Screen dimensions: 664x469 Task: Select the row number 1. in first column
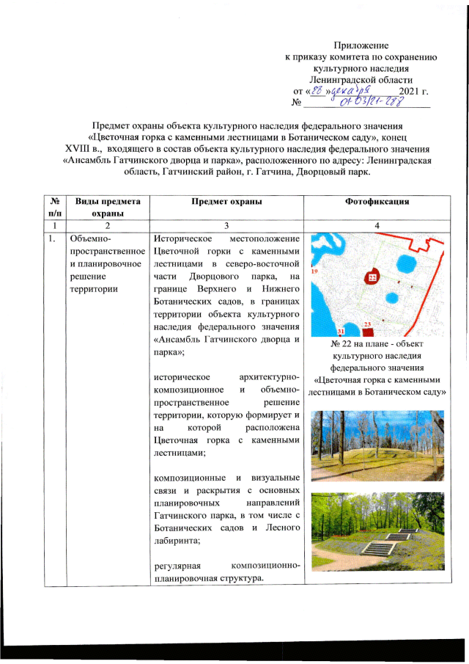point(48,238)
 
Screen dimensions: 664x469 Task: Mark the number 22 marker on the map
point(372,278)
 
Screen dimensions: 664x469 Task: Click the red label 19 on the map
point(314,271)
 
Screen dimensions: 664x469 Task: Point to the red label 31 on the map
point(340,332)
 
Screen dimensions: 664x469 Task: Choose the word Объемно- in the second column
point(87,238)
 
